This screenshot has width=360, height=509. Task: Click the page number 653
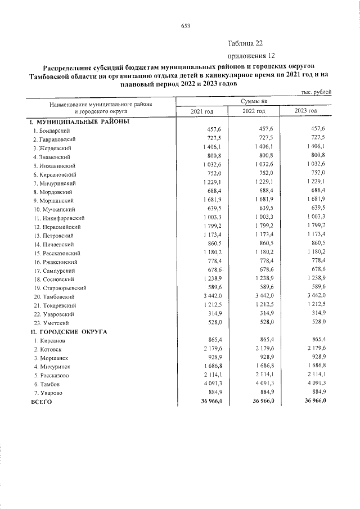click(x=185, y=25)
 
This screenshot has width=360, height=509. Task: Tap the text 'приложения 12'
click(x=251, y=56)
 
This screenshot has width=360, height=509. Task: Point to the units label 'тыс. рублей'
click(x=314, y=92)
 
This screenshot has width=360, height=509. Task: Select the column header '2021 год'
click(x=201, y=111)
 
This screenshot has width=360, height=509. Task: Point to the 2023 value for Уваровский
click(x=317, y=314)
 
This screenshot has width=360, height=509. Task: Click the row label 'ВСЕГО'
click(x=41, y=402)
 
